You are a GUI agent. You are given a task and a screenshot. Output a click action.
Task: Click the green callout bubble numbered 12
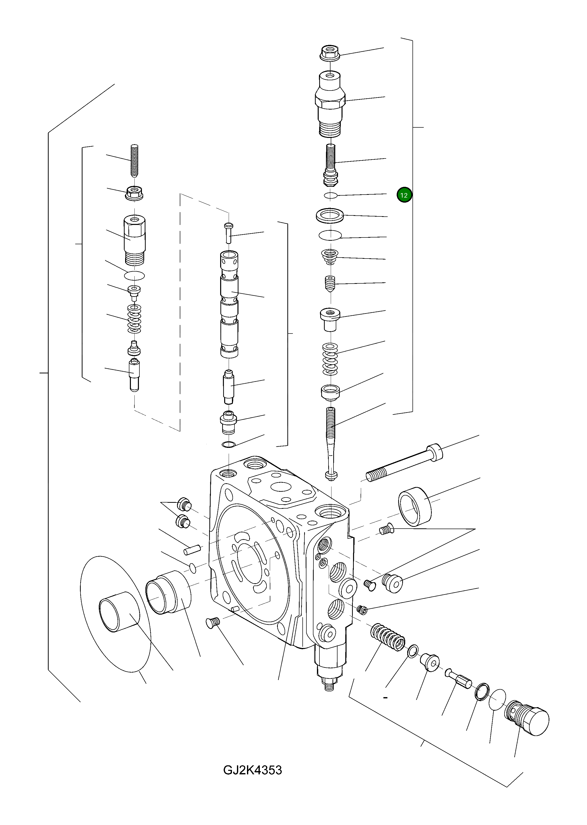point(404,195)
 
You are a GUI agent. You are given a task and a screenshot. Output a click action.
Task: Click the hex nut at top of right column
point(330,53)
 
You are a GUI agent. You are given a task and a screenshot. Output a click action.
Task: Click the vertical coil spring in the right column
point(330,359)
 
